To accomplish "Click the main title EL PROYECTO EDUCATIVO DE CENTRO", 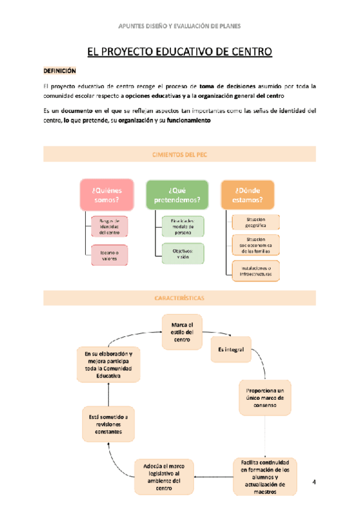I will [180, 52].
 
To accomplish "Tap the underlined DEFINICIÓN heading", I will [60, 70].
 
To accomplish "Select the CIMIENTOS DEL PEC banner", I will [180, 154].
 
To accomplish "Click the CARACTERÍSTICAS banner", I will [180, 298].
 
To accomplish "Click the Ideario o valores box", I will [109, 256].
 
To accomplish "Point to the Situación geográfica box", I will [256, 222].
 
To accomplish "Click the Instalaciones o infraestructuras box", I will [256, 270].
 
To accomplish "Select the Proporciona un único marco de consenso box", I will [265, 397].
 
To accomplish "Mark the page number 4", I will [313, 482].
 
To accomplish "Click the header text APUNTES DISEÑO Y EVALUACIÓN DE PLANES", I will [180, 26].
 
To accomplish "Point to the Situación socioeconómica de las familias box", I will [256, 246].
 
